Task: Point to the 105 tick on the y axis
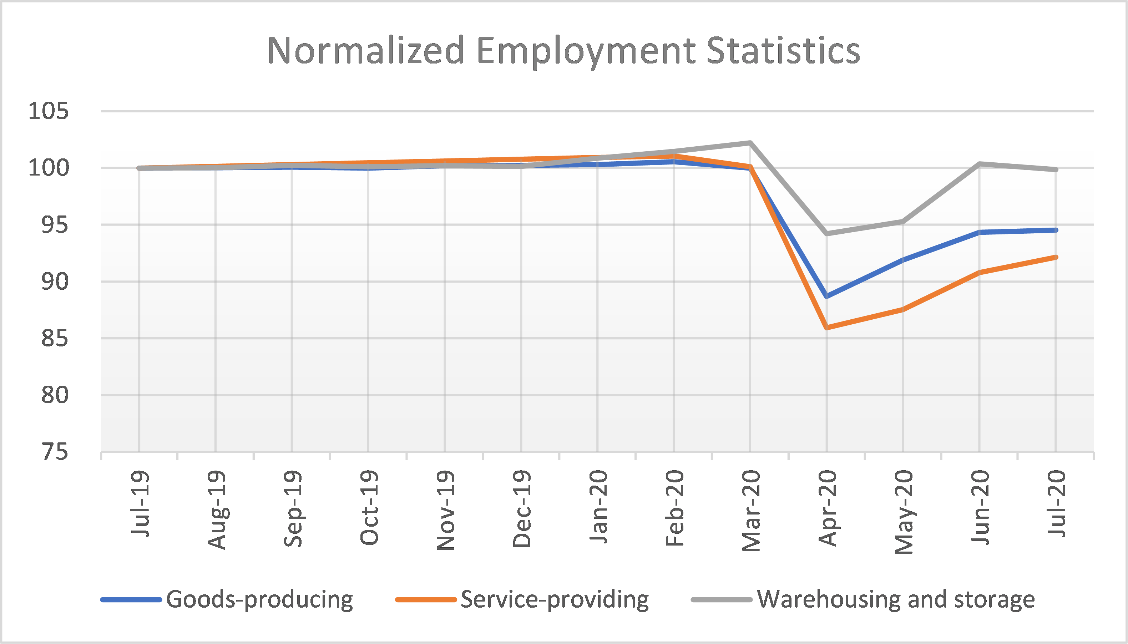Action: [x=49, y=111]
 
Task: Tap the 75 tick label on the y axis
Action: [x=55, y=452]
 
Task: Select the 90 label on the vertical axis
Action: [x=55, y=282]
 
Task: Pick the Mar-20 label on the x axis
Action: [x=751, y=511]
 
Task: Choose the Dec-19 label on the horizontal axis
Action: [x=522, y=509]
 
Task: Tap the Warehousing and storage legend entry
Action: [x=895, y=600]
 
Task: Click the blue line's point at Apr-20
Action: [x=827, y=296]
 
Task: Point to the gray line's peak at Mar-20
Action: [x=750, y=143]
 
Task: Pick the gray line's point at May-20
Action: [x=903, y=221]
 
